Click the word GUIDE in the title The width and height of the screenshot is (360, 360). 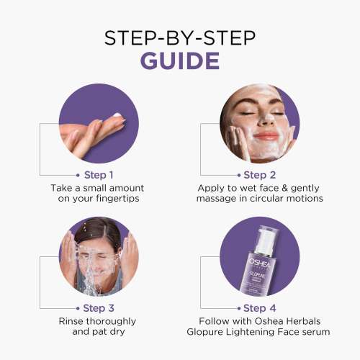click(x=179, y=60)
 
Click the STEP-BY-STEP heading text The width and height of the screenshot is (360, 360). click(x=179, y=36)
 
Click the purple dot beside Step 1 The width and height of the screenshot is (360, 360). click(x=77, y=174)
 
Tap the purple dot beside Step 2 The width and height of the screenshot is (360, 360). click(x=238, y=174)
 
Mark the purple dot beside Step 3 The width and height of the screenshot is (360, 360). click(x=77, y=307)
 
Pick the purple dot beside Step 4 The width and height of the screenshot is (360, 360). click(x=238, y=307)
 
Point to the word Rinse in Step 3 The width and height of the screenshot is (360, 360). click(x=72, y=320)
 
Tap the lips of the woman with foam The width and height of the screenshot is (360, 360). click(x=265, y=135)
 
